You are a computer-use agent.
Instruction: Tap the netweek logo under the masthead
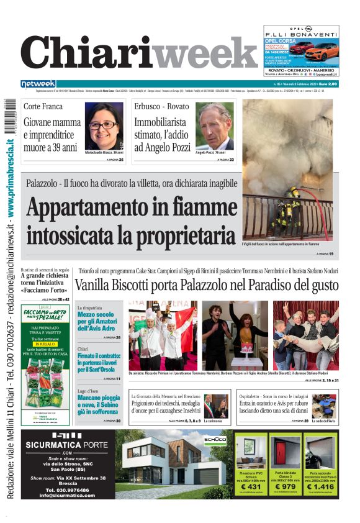pyautogui.click(x=38, y=84)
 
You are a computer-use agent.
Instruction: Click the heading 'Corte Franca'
pyautogui.click(x=43, y=106)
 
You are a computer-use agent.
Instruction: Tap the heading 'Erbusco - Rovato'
pyautogui.click(x=161, y=106)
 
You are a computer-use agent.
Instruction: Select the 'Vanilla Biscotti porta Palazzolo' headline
pyautogui.click(x=207, y=285)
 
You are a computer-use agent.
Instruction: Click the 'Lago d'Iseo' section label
pyautogui.click(x=88, y=391)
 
